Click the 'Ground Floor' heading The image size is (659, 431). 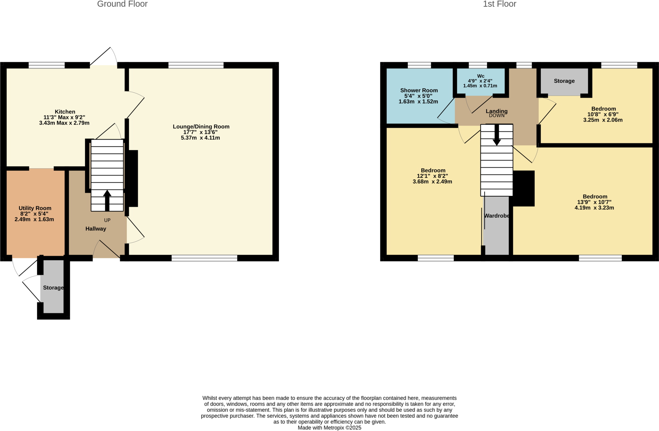pos(122,4)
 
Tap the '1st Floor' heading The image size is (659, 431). pos(499,4)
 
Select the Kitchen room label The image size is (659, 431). pos(65,112)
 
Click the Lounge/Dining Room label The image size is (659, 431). pos(201,126)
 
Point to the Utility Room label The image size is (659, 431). pos(35,208)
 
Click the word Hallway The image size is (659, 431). pos(96,229)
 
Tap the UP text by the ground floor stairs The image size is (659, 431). pos(107,220)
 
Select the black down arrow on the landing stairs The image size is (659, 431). pos(497,135)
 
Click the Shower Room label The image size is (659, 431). pos(419,90)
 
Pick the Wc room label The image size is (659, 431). pos(480,76)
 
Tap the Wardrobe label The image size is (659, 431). pos(497,216)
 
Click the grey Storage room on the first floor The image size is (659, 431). pos(564,81)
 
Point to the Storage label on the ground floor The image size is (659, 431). pos(53,288)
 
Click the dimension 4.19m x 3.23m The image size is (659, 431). pos(594,208)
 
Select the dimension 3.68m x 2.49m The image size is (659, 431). pos(432,182)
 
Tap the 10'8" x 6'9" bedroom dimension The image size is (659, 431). pos(603,115)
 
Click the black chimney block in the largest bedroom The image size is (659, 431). pos(524,188)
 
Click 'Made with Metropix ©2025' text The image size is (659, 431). pos(329,428)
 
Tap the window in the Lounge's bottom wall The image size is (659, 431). pos(204,258)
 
